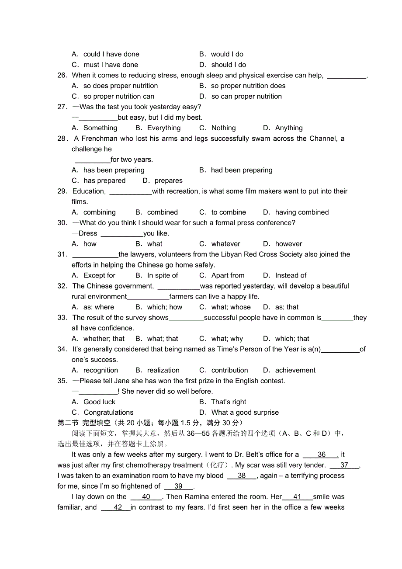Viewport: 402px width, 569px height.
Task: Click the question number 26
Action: pos(62,75)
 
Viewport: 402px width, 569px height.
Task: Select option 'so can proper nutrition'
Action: pos(246,96)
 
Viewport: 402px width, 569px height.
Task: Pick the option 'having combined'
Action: pos(301,212)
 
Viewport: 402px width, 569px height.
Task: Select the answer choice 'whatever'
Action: pos(225,244)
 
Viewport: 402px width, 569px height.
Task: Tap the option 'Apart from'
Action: pos(228,275)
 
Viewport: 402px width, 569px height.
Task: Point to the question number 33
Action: pos(62,318)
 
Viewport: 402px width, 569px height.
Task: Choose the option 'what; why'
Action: pos(227,339)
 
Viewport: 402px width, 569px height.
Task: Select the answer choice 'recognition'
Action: pos(100,370)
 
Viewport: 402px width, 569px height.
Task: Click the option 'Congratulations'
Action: pos(108,413)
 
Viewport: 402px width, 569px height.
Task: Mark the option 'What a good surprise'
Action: pos(245,413)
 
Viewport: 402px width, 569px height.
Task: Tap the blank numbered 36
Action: pos(321,455)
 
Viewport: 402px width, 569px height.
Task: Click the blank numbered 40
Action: pos(146,497)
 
